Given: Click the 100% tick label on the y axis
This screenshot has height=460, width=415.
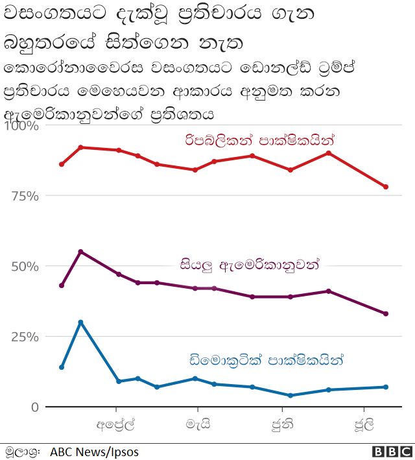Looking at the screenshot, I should tap(21, 126).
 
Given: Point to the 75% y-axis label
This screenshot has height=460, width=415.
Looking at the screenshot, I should tap(25, 196).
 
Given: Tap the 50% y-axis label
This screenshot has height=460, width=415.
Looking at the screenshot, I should tap(25, 267).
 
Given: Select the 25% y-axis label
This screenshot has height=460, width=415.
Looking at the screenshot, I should tap(25, 337).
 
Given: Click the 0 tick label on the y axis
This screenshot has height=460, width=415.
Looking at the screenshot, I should tap(33, 407).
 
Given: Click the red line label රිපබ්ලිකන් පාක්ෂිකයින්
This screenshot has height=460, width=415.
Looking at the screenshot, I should tap(262, 139).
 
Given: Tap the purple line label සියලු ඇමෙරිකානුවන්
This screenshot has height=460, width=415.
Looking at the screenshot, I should tap(250, 265).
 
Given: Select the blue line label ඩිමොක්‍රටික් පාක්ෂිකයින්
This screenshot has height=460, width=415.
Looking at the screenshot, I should tap(265, 359).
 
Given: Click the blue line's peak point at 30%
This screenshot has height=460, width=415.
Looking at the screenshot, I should tap(80, 322).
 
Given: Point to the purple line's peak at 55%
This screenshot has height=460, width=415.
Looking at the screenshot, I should tap(80, 251).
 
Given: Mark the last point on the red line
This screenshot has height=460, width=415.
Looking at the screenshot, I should tap(386, 187).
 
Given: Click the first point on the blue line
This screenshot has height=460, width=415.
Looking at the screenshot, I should tap(62, 367).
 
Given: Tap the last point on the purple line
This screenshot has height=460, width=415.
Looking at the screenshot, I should tap(386, 313).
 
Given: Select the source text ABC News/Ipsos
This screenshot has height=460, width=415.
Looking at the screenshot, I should tap(94, 452).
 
